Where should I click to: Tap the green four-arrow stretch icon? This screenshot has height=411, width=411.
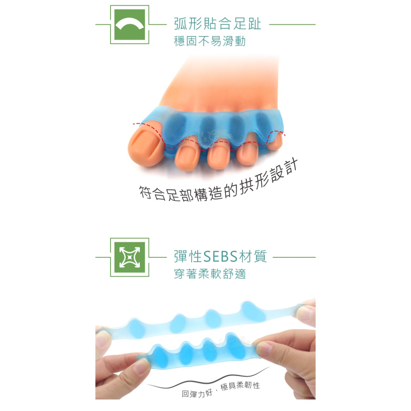click(x=129, y=257)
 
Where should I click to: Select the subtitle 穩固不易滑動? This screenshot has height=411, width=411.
click(x=210, y=42)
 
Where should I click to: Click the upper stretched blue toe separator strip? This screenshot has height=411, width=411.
click(x=197, y=321)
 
